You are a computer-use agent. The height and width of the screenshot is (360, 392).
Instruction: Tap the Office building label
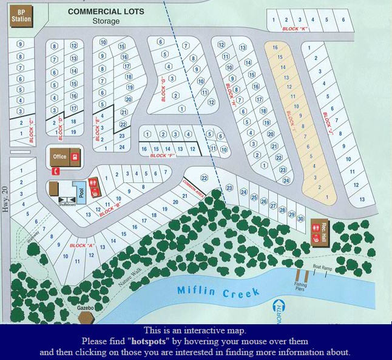coord(59,156)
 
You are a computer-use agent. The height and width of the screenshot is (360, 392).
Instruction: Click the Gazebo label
coord(86,308)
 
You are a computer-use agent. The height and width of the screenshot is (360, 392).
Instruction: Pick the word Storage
coord(106,21)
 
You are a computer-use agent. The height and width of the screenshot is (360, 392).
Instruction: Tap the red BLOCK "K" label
coord(296,28)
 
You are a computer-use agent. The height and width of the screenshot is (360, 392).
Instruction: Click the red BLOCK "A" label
coord(82,245)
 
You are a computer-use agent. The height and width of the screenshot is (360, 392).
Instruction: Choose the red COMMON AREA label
coord(192,183)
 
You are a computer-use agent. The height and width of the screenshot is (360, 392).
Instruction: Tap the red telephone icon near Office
coord(55,172)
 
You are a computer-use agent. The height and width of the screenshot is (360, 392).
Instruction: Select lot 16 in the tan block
coord(275,47)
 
